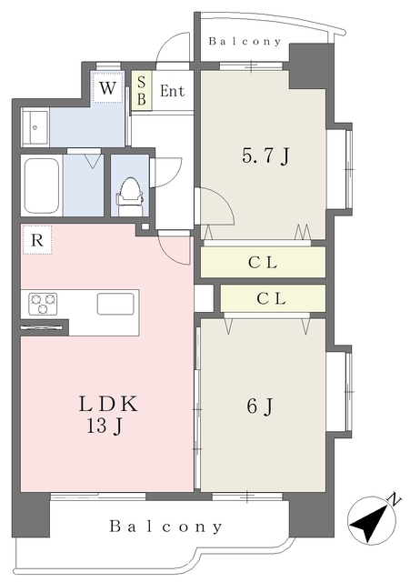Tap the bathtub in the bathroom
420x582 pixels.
point(41,185)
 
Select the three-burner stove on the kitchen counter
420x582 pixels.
point(43,304)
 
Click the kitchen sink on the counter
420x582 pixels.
point(115,304)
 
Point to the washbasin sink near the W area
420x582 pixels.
point(35,127)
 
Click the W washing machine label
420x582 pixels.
point(107,88)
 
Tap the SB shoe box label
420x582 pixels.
point(141,91)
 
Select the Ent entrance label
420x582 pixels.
point(172,91)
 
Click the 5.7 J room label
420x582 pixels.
point(265,156)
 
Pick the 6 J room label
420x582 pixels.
point(260,406)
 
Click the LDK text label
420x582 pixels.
point(108,404)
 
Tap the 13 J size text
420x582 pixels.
point(105,426)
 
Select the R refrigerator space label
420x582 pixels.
point(36,240)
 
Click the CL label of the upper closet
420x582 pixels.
point(263,263)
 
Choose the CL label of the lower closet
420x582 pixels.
point(272,298)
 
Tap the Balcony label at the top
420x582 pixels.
point(245,41)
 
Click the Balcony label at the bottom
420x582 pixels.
point(165,527)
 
